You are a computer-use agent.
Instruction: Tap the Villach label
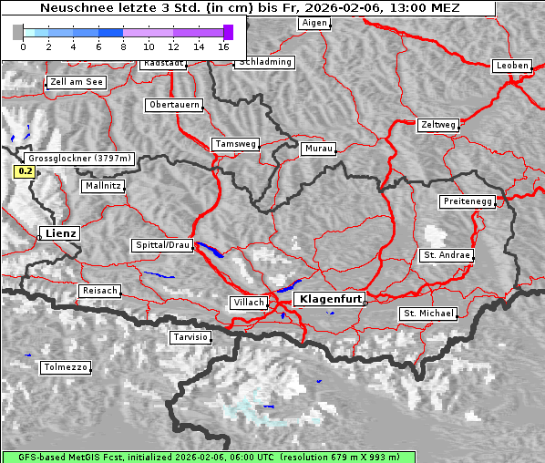(x=248, y=303)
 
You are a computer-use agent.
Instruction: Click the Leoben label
(x=511, y=66)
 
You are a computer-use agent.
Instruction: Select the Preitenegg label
(x=468, y=201)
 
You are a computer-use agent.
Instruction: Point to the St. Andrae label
(x=447, y=255)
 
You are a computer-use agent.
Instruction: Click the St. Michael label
(x=428, y=314)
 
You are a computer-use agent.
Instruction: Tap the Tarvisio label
(x=190, y=337)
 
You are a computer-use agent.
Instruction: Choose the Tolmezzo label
(x=66, y=367)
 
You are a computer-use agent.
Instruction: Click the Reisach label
(x=99, y=291)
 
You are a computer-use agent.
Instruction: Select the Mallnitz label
(x=102, y=186)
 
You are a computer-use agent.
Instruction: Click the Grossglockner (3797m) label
(x=80, y=158)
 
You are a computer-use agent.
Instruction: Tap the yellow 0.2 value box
(x=25, y=171)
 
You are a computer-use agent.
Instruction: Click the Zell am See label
(x=76, y=82)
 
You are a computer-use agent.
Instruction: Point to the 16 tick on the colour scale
(x=223, y=46)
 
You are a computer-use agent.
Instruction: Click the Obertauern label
(x=173, y=105)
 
